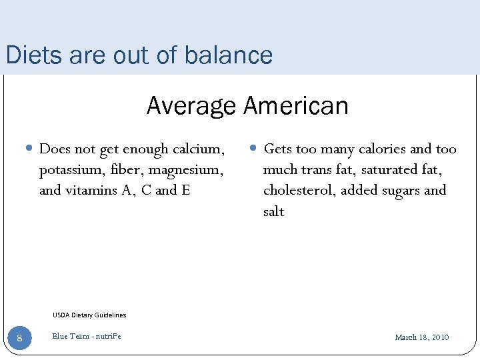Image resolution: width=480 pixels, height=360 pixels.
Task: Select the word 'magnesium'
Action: point(187,169)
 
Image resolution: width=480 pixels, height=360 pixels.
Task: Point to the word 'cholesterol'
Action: point(299,190)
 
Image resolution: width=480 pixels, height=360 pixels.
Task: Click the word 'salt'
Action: point(273,211)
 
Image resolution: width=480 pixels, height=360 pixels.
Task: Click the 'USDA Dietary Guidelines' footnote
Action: point(89,315)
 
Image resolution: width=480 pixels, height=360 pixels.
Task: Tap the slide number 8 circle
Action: point(19,338)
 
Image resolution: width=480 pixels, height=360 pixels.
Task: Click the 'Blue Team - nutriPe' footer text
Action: point(87,337)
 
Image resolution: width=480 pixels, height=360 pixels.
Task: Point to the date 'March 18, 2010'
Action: point(422,337)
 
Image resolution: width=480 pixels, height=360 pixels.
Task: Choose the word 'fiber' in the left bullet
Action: point(131,169)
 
